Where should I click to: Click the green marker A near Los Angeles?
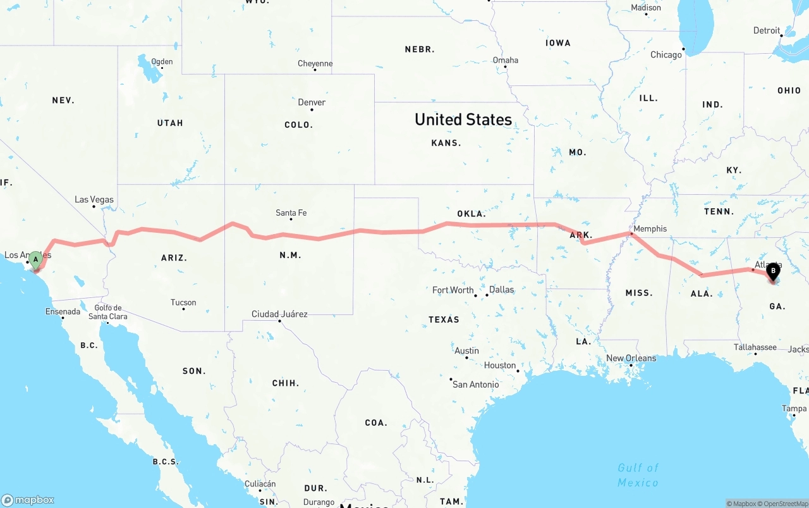click(x=36, y=259)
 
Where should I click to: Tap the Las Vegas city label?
click(x=94, y=199)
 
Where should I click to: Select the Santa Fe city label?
click(x=291, y=213)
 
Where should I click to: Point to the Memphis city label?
click(x=650, y=228)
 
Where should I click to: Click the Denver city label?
click(x=312, y=102)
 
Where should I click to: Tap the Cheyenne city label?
click(x=315, y=63)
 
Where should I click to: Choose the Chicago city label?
click(x=666, y=55)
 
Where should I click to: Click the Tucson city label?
click(x=183, y=302)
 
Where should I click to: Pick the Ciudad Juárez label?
click(x=279, y=314)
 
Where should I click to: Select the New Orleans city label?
click(x=631, y=358)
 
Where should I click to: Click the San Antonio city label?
click(x=475, y=384)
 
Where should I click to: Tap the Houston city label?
click(x=500, y=365)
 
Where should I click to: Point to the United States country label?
click(x=463, y=119)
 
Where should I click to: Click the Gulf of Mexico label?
click(x=638, y=474)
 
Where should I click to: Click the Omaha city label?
click(x=506, y=60)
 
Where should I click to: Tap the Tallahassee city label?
click(x=755, y=347)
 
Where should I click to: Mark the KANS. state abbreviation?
click(x=446, y=143)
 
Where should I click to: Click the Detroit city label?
click(x=767, y=30)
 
